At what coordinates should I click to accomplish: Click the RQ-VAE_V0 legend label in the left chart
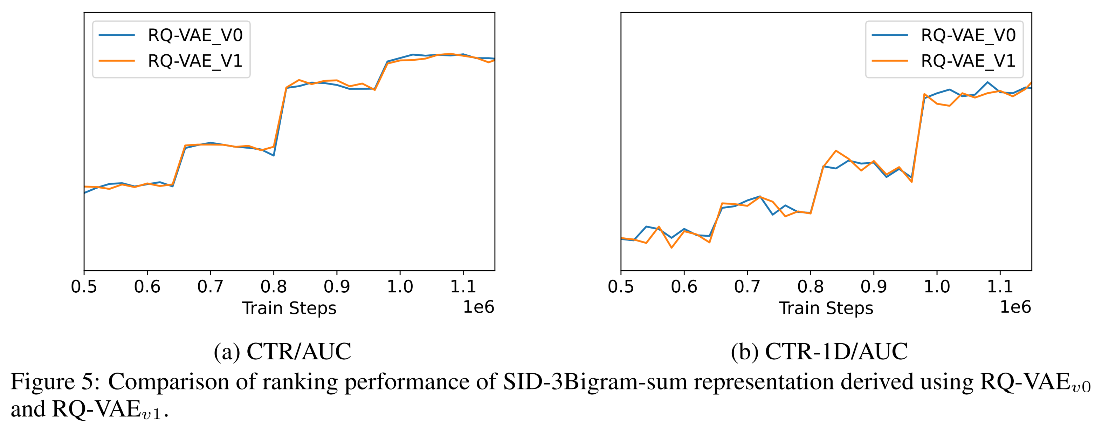coord(195,35)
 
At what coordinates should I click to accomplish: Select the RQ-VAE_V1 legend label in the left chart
coord(195,61)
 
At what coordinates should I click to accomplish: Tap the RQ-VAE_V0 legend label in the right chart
coord(968,35)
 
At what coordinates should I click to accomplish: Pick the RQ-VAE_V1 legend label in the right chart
coord(968,61)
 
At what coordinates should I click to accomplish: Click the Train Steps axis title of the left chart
coord(289,309)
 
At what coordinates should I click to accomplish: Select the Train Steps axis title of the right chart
coord(826,309)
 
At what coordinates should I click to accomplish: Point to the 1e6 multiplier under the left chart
coord(478,307)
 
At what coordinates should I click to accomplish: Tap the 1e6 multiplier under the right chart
coord(1015,307)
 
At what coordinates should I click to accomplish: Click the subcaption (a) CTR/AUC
coord(282,352)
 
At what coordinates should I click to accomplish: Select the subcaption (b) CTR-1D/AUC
coord(819,352)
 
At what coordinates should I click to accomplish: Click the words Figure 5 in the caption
coord(55,382)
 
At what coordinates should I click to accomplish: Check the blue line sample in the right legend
coord(890,35)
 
